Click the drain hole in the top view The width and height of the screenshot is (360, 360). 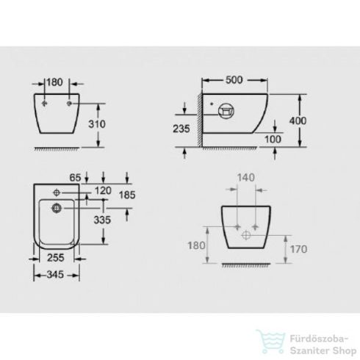(56, 209)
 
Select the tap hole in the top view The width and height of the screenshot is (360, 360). (54, 190)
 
